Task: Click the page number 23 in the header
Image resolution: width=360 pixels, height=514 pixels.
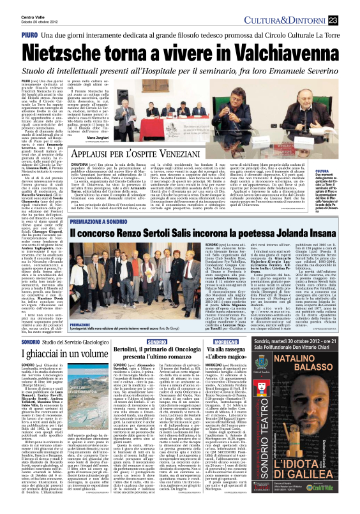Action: tap(351, 20)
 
